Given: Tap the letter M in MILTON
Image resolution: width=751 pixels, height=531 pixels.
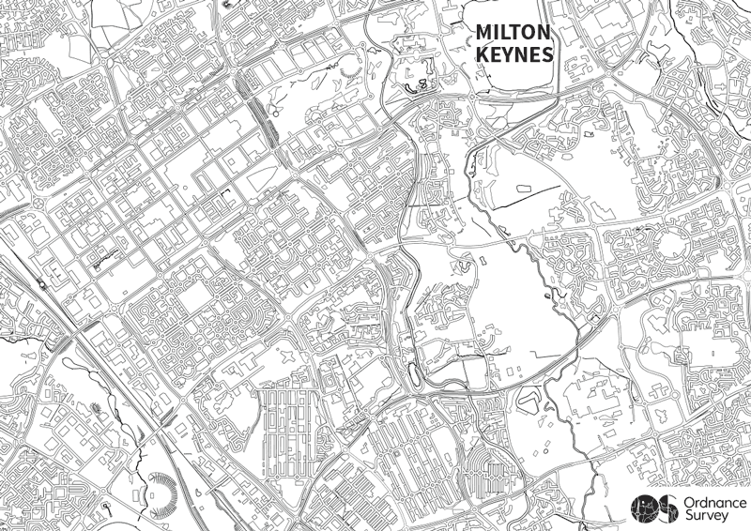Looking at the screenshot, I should pyautogui.click(x=484, y=33).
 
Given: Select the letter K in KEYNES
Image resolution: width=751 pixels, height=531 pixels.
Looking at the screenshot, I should pyautogui.click(x=483, y=55).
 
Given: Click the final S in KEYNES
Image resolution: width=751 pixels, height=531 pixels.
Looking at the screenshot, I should pyautogui.click(x=546, y=55).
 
